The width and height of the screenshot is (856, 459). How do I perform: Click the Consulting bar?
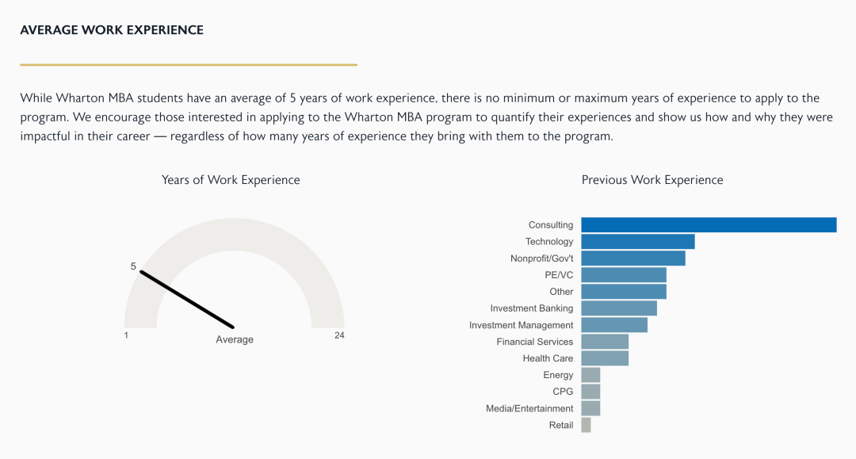tap(709, 225)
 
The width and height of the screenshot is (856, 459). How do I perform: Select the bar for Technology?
tap(638, 242)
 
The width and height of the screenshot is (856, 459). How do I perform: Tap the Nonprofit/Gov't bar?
tap(633, 258)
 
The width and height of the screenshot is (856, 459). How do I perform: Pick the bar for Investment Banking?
tap(619, 308)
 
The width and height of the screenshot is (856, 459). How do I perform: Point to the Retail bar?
tap(586, 425)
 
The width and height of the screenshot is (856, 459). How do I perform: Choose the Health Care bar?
tap(605, 358)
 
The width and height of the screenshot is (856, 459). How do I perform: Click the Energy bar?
tap(590, 375)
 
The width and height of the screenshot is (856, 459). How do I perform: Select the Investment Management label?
tap(521, 325)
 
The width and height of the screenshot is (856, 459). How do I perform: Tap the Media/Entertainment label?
tap(529, 408)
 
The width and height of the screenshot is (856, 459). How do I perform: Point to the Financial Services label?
tap(535, 342)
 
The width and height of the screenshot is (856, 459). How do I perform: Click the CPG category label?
tap(563, 392)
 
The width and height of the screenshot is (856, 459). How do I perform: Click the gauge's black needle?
tap(187, 300)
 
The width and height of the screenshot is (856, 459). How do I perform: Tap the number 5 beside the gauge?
tap(133, 266)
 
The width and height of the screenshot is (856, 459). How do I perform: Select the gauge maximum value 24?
tap(339, 335)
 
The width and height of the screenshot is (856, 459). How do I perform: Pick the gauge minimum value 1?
tap(126, 335)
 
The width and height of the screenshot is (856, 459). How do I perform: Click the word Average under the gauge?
tap(235, 339)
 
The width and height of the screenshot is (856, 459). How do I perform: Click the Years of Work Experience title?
tap(231, 180)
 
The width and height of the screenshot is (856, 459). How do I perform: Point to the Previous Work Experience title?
tap(652, 180)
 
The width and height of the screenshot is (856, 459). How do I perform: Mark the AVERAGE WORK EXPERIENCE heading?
tap(112, 30)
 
